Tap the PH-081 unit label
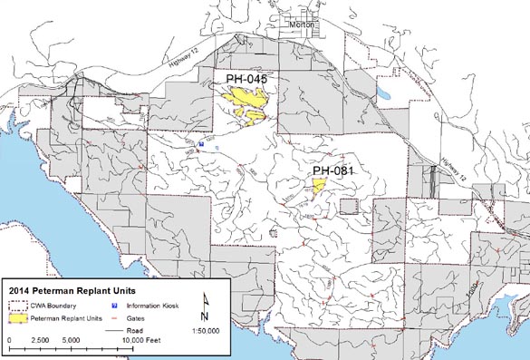332,170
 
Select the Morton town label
304,24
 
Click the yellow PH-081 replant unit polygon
318,186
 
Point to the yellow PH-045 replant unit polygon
247,102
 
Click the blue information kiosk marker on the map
202,143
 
